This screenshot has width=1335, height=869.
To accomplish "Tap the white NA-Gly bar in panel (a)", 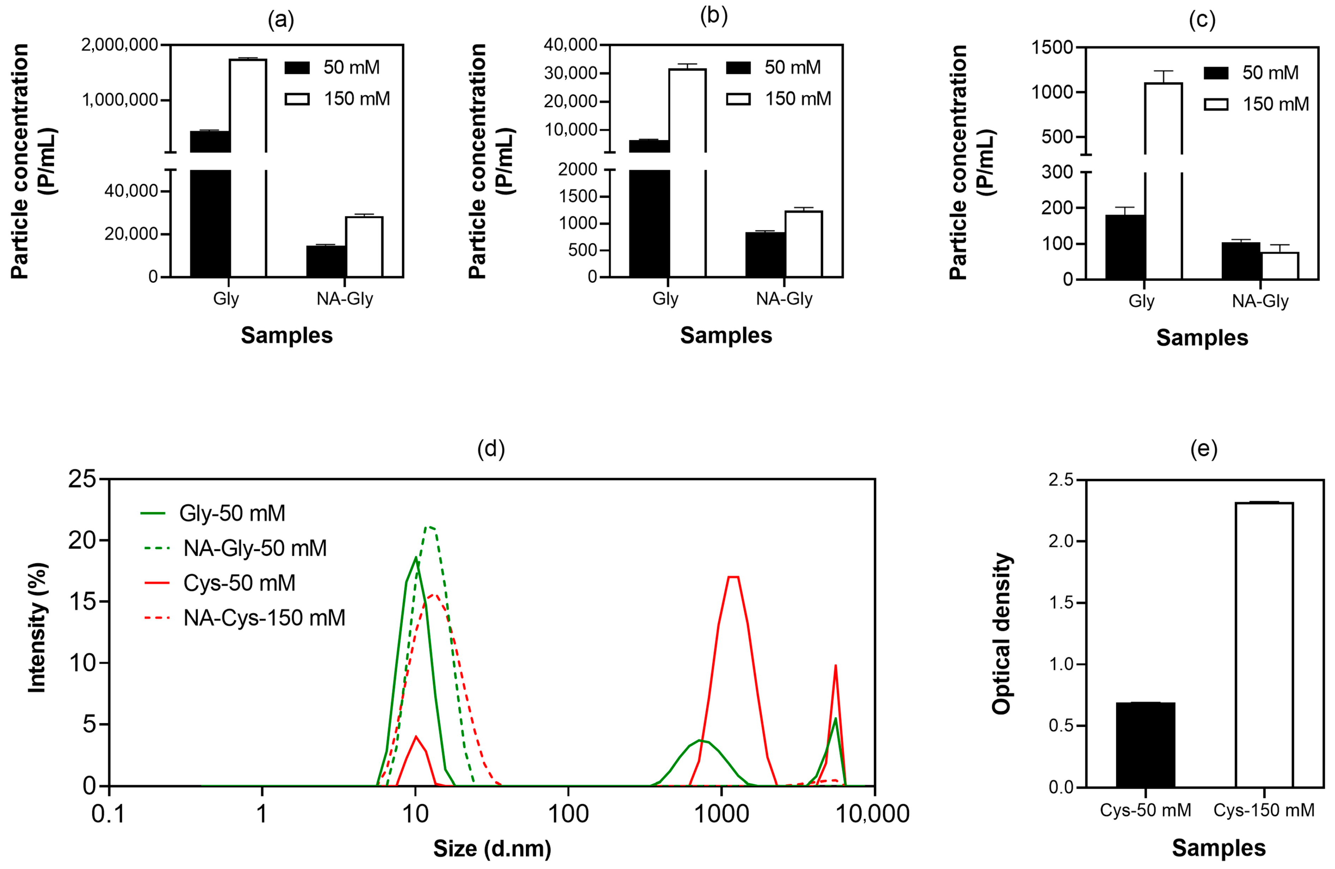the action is pyautogui.click(x=364, y=247).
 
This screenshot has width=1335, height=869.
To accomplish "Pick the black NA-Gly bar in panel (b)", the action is pyautogui.click(x=765, y=255).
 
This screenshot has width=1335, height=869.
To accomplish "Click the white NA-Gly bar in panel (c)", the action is pyautogui.click(x=1280, y=266).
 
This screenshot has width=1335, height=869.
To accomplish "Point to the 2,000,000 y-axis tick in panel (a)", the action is pyautogui.click(x=120, y=45).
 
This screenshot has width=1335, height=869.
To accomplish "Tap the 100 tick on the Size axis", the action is pyautogui.click(x=568, y=813).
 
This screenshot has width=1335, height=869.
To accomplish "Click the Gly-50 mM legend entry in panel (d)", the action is pyautogui.click(x=213, y=513).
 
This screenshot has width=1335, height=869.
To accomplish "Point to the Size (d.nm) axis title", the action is pyautogui.click(x=492, y=849).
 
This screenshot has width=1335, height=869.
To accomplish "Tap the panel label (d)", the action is pyautogui.click(x=491, y=449).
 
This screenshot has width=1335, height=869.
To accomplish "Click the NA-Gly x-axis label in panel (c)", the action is pyautogui.click(x=1261, y=301).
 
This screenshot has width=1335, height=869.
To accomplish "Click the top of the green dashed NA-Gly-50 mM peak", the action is pyautogui.click(x=430, y=526).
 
